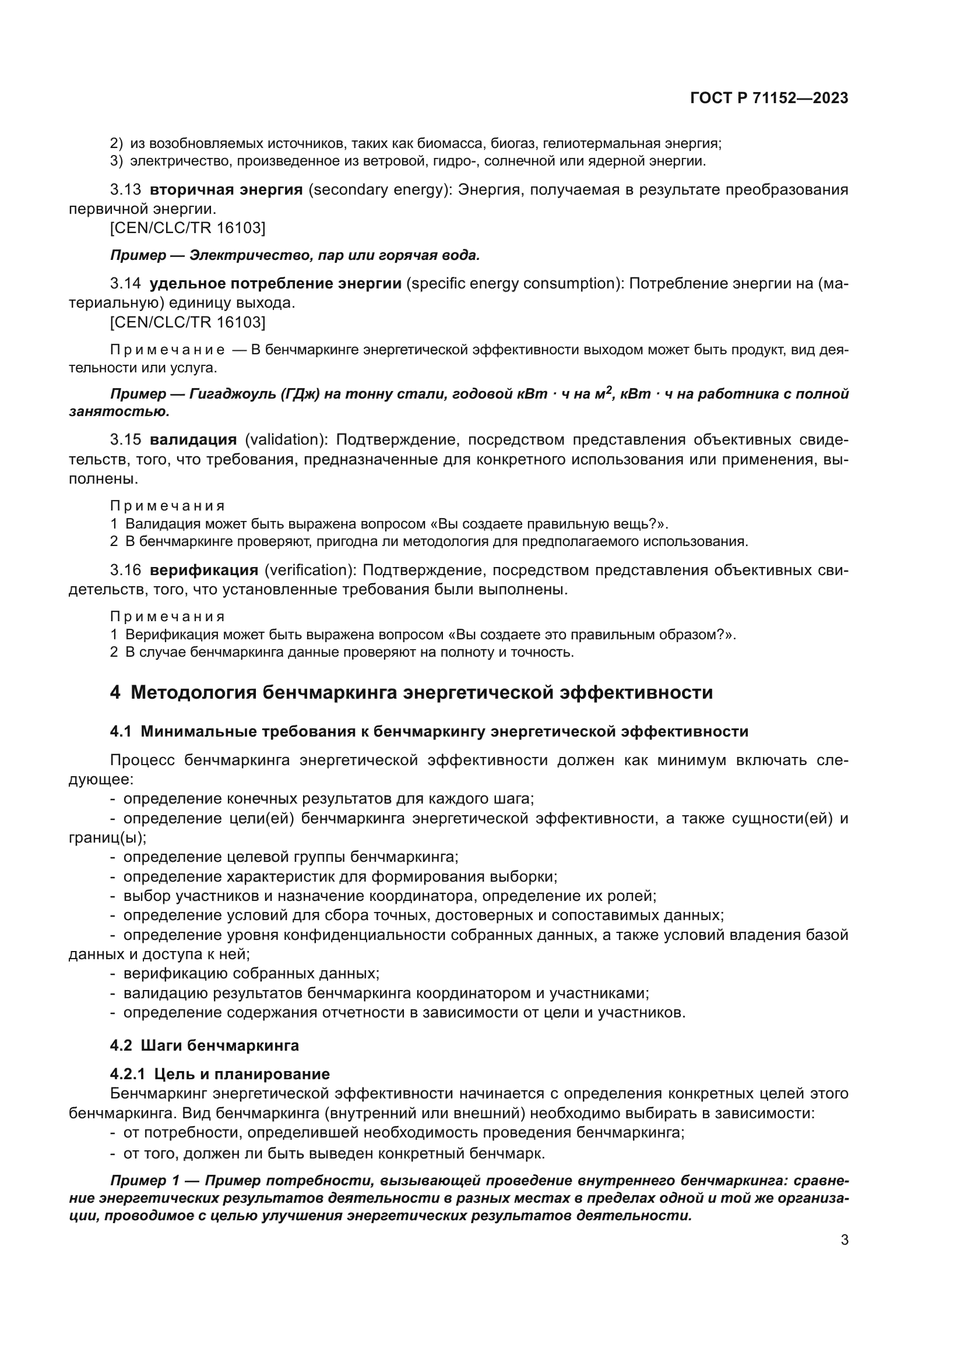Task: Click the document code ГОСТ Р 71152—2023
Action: click(769, 98)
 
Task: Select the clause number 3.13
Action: click(125, 190)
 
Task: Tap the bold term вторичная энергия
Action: click(226, 190)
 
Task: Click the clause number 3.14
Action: click(125, 283)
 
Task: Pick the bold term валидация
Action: click(193, 440)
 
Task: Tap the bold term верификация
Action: click(203, 570)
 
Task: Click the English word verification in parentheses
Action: click(309, 570)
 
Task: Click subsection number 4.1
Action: click(121, 731)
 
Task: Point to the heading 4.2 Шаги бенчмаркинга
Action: click(204, 1062)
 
